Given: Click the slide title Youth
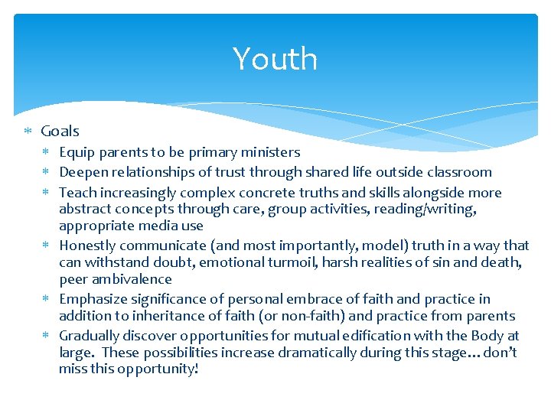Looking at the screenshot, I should (x=275, y=59).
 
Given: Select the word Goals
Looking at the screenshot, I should (x=60, y=132).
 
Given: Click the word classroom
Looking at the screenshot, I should (x=459, y=172).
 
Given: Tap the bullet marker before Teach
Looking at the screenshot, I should (x=48, y=193).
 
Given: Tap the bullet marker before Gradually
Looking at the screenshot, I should (x=48, y=336).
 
